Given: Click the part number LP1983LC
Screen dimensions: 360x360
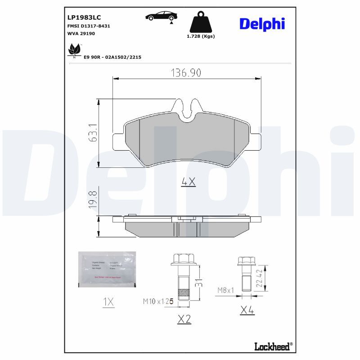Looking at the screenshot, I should coord(84,17).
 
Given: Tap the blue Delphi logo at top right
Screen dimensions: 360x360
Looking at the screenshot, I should coord(262,24).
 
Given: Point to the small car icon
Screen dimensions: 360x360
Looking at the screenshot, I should coord(161,16).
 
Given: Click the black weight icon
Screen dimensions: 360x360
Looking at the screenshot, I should coord(200,22).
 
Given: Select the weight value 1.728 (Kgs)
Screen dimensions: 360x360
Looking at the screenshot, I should coord(201,36).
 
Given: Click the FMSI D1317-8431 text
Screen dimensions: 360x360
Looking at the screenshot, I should coord(88,26).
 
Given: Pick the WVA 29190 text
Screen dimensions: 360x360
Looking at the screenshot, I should coord(81,34).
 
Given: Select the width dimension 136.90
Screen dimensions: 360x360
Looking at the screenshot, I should coord(186,72).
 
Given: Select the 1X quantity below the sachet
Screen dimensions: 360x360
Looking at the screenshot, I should coord(108,302).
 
